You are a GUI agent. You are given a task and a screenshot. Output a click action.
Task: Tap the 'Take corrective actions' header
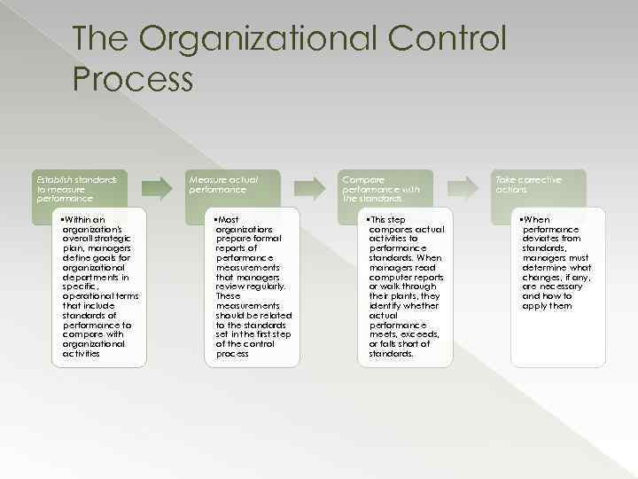(x=530, y=184)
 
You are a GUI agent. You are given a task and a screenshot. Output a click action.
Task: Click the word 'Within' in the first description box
(x=88, y=219)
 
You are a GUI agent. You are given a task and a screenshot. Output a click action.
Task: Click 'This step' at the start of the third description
(x=389, y=219)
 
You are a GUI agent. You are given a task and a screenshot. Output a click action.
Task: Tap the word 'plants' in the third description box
(x=401, y=295)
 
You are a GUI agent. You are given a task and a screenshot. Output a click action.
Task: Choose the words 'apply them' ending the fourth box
(x=547, y=305)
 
